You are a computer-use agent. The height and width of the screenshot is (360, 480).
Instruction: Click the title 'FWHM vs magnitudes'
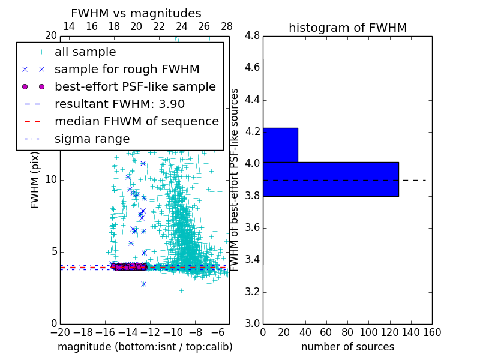[x=136, y=14]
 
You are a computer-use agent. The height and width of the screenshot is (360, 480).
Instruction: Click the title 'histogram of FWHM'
[x=347, y=28]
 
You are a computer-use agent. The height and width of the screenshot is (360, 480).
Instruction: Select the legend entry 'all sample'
[x=85, y=52]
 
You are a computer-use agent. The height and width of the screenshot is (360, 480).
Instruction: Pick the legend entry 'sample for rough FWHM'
[x=127, y=70]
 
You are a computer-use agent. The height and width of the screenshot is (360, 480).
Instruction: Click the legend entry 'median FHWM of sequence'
[x=136, y=121]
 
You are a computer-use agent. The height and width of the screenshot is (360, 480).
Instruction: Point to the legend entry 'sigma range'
[x=92, y=139]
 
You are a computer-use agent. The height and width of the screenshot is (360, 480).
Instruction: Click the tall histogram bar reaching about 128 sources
[x=331, y=179]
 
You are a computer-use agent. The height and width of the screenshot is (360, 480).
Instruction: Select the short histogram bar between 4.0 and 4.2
[x=280, y=145]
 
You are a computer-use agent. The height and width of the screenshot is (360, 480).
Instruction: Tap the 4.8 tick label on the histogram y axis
[x=251, y=35]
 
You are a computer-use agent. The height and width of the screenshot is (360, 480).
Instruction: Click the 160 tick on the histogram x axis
[x=432, y=332]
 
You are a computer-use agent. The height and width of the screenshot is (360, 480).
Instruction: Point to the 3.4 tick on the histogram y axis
[x=251, y=260]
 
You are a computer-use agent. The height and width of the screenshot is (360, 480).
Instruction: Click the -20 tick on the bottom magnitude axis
[x=60, y=332]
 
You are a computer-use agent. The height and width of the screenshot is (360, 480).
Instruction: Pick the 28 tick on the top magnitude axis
[x=227, y=26]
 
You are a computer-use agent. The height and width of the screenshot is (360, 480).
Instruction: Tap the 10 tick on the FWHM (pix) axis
[x=51, y=179]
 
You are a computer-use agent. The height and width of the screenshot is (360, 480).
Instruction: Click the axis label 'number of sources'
[x=347, y=347]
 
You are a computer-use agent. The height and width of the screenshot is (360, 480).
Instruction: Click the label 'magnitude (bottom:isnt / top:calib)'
[x=145, y=347]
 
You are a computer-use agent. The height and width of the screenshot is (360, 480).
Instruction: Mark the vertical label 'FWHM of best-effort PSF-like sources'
[x=235, y=179]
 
